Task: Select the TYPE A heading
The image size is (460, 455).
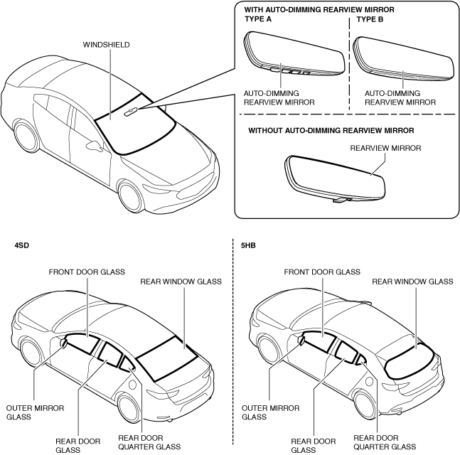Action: pos(260,19)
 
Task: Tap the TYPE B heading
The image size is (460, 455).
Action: pos(370,19)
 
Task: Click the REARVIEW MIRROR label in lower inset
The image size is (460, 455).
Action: pos(386,149)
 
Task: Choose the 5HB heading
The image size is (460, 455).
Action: pos(249,246)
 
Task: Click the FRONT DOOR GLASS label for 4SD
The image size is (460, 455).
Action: pos(86,272)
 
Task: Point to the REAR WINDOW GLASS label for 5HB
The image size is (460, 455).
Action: pos(412,282)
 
